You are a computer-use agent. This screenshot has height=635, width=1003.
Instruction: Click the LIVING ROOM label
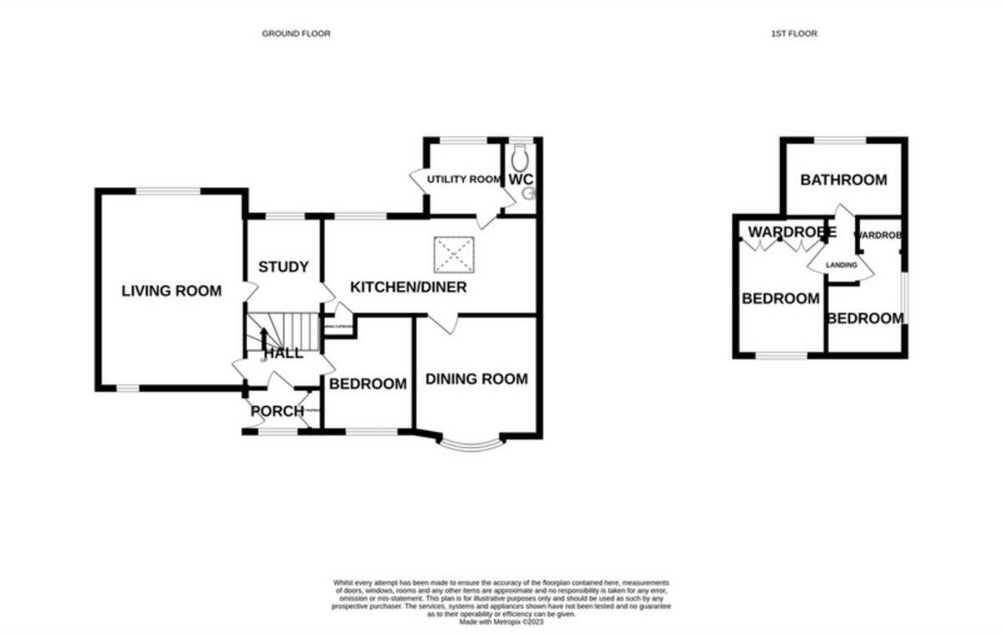(x=171, y=291)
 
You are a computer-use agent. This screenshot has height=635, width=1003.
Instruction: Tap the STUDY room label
(x=283, y=267)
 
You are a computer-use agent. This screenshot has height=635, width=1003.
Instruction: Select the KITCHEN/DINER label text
(x=408, y=287)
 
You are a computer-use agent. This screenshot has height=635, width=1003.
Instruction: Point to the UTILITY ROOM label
(x=464, y=180)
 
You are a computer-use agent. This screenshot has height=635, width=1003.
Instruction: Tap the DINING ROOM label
(x=476, y=378)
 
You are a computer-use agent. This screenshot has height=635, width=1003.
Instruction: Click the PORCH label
(x=277, y=411)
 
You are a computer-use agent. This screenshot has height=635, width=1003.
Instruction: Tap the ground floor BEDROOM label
(x=368, y=384)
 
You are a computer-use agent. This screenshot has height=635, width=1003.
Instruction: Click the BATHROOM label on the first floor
(x=843, y=180)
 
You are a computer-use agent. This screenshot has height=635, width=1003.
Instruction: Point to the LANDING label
(x=841, y=265)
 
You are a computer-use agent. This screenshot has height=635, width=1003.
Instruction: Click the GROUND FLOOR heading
(x=296, y=33)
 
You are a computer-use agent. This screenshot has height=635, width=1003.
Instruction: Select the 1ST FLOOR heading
(x=793, y=33)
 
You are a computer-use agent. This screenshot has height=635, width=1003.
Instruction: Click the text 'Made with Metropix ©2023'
(x=501, y=622)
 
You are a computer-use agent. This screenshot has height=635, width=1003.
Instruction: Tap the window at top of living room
(x=169, y=191)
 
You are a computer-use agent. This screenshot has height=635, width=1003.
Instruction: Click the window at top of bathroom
(x=841, y=140)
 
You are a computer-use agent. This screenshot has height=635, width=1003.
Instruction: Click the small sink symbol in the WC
(x=527, y=194)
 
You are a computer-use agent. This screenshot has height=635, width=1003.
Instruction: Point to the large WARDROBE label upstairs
(x=791, y=231)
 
